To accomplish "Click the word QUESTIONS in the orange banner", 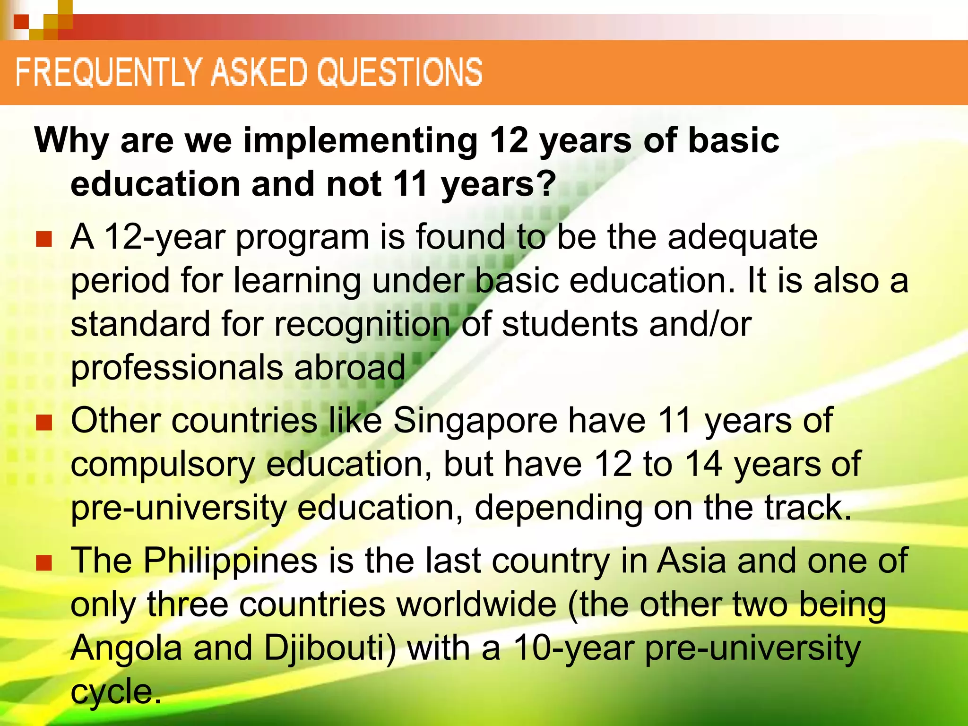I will (399, 72).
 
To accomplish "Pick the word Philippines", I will (230, 561).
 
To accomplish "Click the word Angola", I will (127, 648).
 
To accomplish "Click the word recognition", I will (362, 326).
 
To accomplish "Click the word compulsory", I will (163, 465).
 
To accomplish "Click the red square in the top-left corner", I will (21, 21).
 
